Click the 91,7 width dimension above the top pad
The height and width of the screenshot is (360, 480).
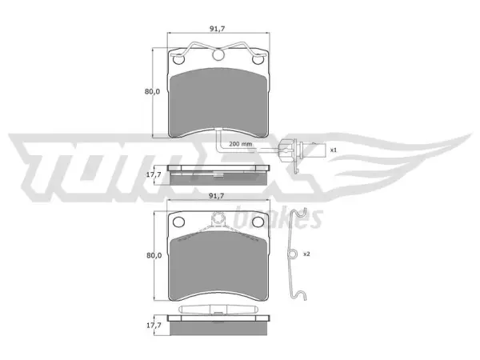point(218,29)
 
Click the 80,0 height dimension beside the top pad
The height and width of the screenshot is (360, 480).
point(152,91)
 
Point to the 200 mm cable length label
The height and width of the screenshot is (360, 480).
point(240,144)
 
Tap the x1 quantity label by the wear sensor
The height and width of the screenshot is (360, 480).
point(334,150)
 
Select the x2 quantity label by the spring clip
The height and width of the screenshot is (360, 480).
point(306,254)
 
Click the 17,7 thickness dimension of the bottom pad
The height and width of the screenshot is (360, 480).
point(154,325)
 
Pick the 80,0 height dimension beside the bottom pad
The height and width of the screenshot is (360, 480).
point(154,255)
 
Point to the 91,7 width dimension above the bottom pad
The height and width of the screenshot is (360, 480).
point(217,196)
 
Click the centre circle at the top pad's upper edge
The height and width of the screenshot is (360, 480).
point(218,54)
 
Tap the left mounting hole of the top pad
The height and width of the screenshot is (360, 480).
point(178,59)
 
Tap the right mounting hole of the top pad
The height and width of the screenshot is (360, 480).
point(258,59)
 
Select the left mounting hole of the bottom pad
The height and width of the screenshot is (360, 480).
point(178,222)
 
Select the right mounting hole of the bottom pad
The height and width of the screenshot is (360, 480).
point(258,222)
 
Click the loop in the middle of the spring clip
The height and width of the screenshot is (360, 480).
point(293,254)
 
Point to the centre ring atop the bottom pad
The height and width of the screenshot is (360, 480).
point(218,218)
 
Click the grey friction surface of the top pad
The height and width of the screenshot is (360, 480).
point(218,102)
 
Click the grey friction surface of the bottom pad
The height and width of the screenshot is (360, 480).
point(218,265)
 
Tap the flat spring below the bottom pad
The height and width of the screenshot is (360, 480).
point(218,309)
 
